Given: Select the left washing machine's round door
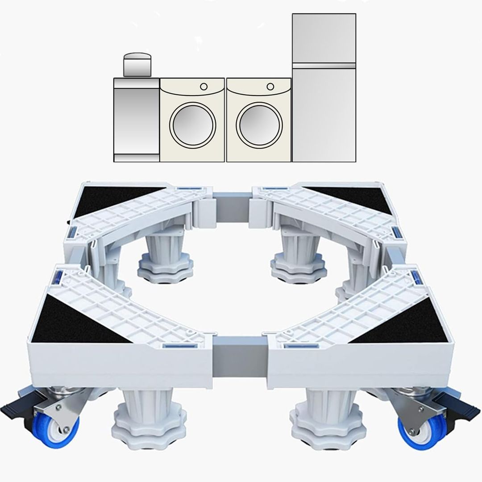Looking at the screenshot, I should pyautogui.click(x=193, y=125).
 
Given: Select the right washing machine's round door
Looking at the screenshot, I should pyautogui.click(x=259, y=125).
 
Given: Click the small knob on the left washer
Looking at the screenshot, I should pyautogui.click(x=204, y=86).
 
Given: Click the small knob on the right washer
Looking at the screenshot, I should pyautogui.click(x=270, y=86).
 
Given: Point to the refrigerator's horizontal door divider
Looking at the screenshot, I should pyautogui.click(x=324, y=66).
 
